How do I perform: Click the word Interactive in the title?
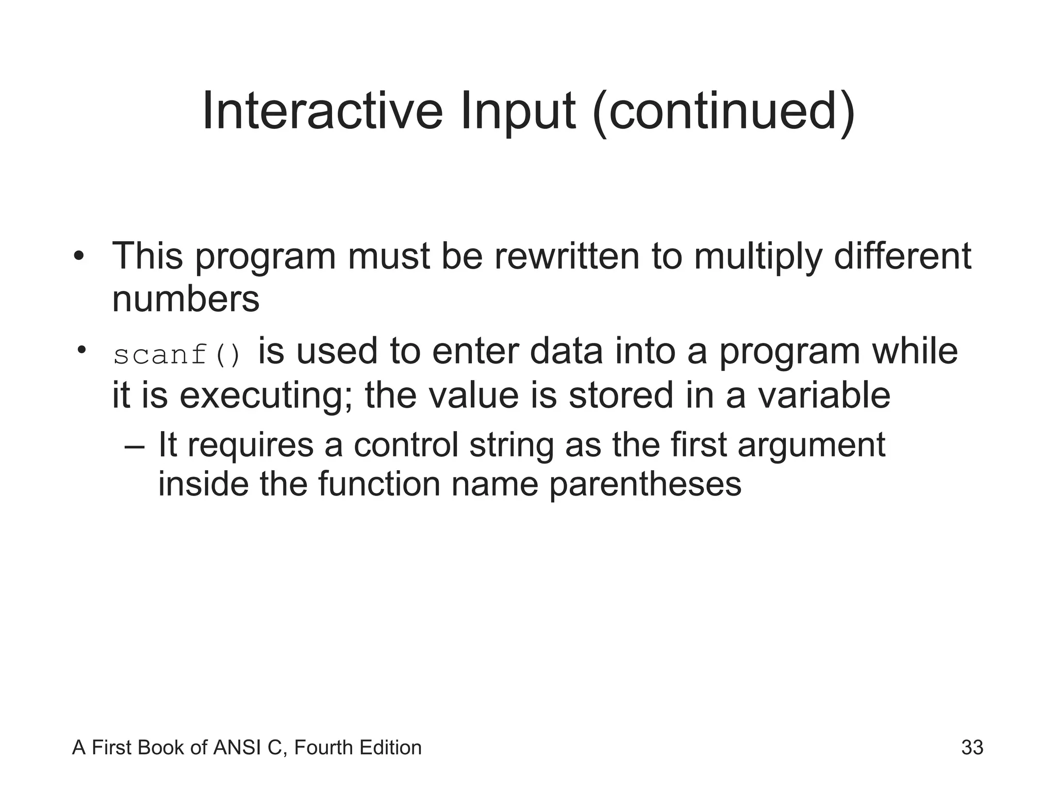(x=322, y=111)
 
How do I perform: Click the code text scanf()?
(x=177, y=355)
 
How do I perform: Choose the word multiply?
(x=758, y=257)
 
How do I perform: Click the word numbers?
(x=186, y=299)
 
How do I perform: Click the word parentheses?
(x=645, y=485)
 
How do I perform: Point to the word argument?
(x=811, y=445)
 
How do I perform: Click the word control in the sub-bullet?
(x=406, y=444)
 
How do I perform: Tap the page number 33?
(x=972, y=747)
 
